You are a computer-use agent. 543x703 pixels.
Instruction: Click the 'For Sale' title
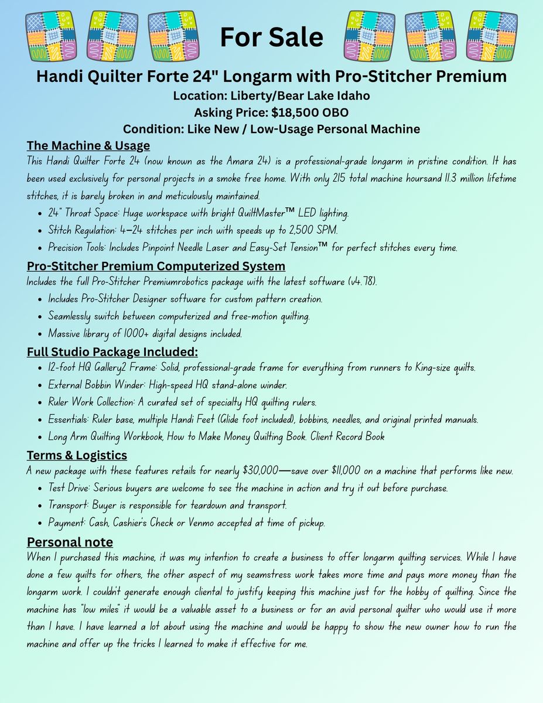tap(271, 37)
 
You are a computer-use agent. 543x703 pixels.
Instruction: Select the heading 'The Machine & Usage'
tap(88, 145)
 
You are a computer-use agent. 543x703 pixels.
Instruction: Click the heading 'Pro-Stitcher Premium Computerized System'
tap(156, 267)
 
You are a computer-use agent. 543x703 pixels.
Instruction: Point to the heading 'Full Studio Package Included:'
tap(112, 352)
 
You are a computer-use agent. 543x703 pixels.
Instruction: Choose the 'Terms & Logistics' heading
tap(77, 455)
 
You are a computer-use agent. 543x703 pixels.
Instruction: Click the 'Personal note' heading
tap(70, 541)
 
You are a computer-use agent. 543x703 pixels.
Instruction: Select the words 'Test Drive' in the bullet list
tap(71, 488)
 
